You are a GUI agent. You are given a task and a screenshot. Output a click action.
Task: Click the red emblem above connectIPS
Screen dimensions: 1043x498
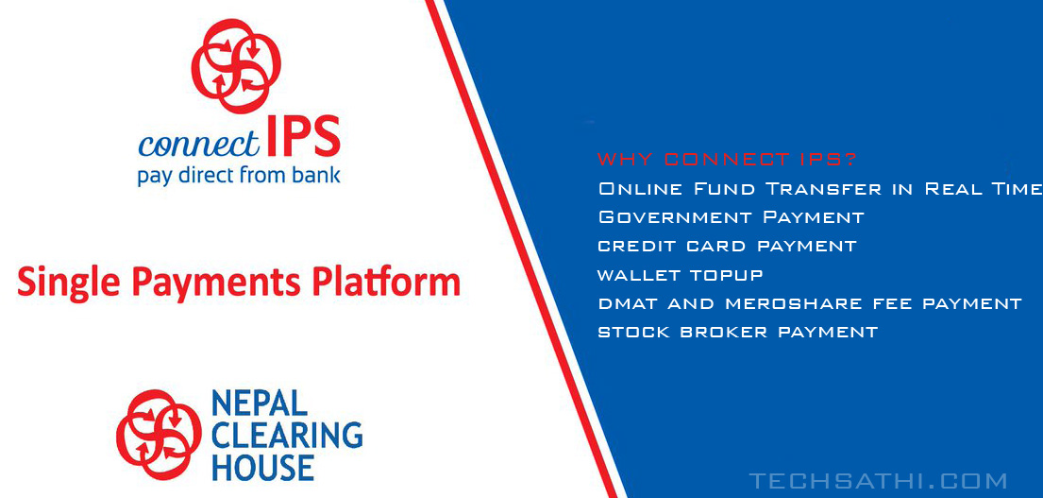coord(236,66)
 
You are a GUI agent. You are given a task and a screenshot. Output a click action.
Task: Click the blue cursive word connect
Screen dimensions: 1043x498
coord(199,143)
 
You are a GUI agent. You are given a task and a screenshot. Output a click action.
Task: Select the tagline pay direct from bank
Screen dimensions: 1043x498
coord(239,177)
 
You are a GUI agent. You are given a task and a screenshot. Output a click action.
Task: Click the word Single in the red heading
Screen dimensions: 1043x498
coord(69,282)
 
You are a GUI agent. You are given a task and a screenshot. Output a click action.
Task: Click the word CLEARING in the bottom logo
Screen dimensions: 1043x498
coord(287,436)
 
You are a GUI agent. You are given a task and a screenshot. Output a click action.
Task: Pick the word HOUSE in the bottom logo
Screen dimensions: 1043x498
coord(262,468)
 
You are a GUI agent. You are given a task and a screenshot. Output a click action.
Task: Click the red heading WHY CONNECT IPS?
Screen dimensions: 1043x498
coord(728,160)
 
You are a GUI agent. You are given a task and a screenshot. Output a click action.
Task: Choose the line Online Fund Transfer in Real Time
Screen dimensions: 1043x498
coord(820,188)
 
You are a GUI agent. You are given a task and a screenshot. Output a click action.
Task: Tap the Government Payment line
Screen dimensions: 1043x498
coord(731,217)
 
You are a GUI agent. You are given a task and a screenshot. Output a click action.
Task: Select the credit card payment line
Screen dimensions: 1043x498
coord(727,246)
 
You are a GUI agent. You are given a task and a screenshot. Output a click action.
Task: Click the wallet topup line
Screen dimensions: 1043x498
coord(680,275)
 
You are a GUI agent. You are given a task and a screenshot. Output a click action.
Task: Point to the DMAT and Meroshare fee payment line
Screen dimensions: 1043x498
coord(810,303)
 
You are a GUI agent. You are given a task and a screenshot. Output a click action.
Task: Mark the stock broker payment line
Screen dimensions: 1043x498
coord(738,332)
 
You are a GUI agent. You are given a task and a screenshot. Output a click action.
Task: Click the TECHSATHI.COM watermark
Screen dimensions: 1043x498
coord(878,481)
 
